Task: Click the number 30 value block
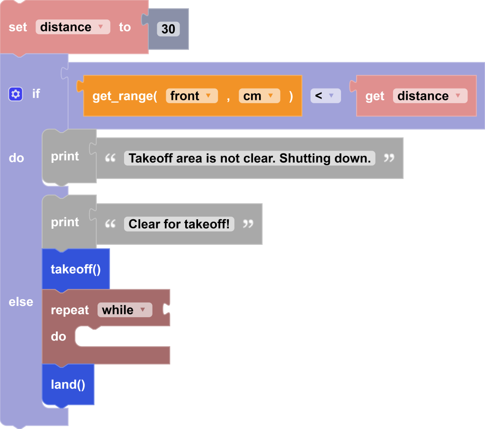168,29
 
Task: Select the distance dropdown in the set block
72,27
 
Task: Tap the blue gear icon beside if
16,94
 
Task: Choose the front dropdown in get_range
191,96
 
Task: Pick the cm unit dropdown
259,96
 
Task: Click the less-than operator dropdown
325,96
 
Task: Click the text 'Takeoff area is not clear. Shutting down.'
250,158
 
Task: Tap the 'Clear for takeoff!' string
179,224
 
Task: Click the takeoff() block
76,269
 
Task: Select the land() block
68,384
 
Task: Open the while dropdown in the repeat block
125,310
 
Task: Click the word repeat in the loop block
70,310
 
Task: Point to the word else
21,302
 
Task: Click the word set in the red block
18,27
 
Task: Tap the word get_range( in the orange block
125,96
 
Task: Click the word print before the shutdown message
65,156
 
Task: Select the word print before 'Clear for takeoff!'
65,222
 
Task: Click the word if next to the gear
36,94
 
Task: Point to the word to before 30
125,27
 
